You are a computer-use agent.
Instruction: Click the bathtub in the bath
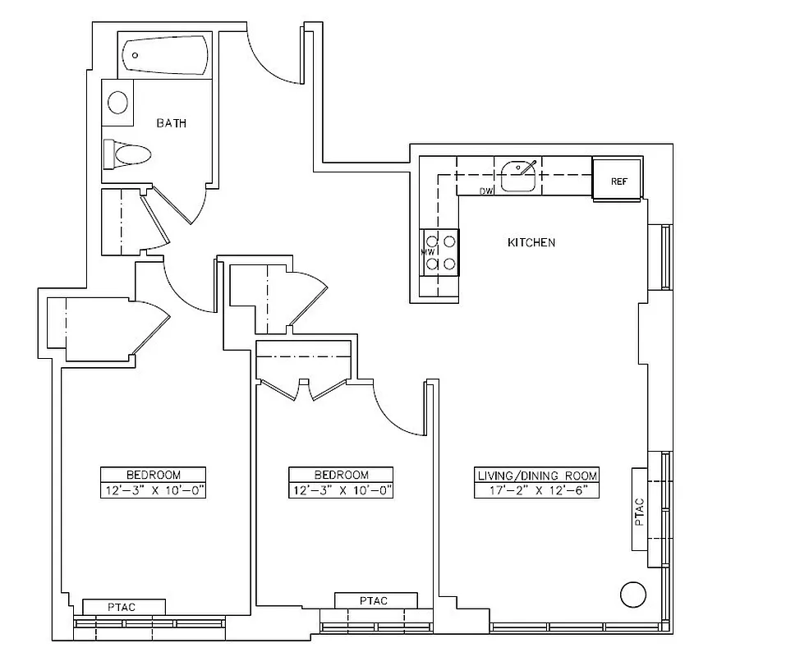[163, 55]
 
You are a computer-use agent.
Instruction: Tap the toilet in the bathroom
[130, 154]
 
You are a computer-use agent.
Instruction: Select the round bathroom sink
[118, 103]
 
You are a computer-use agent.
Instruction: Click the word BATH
[172, 123]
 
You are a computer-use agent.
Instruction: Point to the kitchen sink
[519, 175]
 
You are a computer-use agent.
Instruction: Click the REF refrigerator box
[617, 179]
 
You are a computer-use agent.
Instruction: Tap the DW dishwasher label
[486, 191]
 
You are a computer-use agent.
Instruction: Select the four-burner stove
[448, 252]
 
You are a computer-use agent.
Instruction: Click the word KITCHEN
[531, 242]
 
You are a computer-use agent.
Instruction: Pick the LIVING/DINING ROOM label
[537, 476]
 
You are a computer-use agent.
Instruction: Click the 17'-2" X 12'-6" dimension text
[537, 491]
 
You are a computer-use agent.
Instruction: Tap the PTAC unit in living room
[640, 509]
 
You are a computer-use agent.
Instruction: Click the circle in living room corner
[633, 594]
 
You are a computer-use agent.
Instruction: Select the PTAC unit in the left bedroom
[123, 607]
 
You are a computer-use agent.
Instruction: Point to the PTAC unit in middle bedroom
[375, 601]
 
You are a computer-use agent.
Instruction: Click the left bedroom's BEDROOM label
[153, 475]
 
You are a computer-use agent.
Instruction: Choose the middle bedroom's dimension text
[341, 491]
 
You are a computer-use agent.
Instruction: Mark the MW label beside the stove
[427, 252]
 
